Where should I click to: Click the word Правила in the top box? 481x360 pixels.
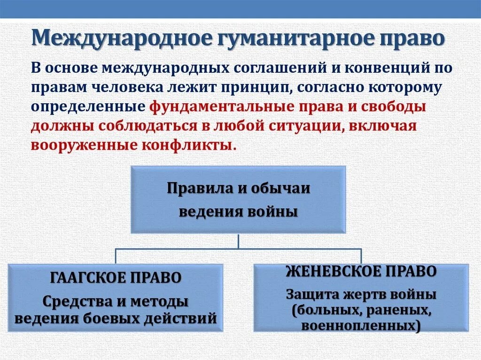(x=194, y=189)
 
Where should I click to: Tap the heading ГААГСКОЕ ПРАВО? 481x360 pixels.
(x=116, y=277)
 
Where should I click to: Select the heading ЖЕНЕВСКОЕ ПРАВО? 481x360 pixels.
(x=361, y=271)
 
